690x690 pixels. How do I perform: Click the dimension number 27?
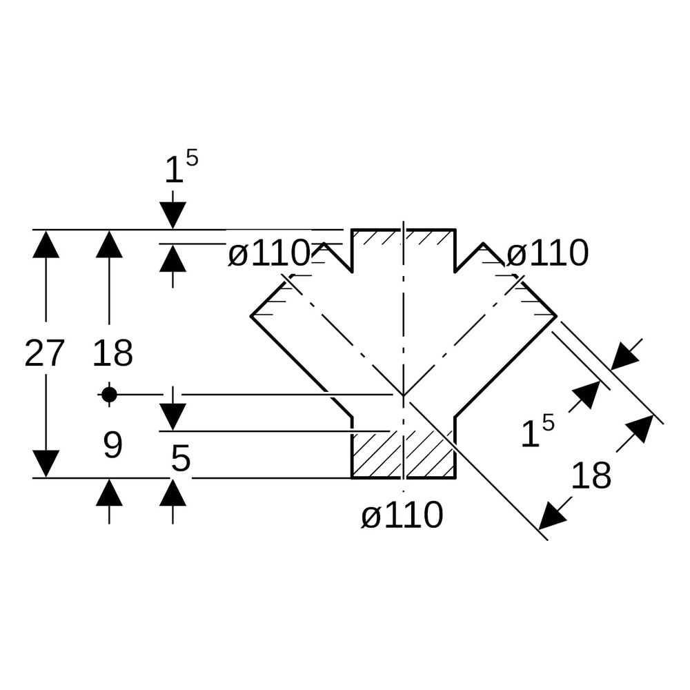click(x=44, y=353)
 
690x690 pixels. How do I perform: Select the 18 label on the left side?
click(x=112, y=353)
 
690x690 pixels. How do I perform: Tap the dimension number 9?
click(x=112, y=445)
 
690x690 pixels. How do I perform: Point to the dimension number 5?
click(x=180, y=458)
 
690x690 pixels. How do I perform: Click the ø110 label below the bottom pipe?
click(x=402, y=515)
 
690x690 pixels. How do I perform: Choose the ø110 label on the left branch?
click(x=269, y=253)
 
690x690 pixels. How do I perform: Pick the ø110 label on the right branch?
click(x=547, y=253)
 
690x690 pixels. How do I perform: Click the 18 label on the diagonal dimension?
click(x=591, y=475)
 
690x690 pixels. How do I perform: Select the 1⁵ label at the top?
click(x=181, y=166)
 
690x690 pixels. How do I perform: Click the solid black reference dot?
click(x=109, y=395)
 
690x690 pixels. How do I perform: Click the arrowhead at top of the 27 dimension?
click(x=46, y=244)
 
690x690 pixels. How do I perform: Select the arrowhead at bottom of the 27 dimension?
click(x=46, y=464)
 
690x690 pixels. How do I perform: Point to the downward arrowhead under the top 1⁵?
click(x=172, y=215)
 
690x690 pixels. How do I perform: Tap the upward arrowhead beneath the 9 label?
click(x=109, y=492)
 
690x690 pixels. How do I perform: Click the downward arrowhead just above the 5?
click(x=172, y=417)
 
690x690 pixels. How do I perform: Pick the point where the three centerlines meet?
click(x=403, y=395)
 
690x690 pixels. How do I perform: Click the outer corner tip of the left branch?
click(x=251, y=316)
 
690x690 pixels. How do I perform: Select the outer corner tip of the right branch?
click(x=557, y=316)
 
